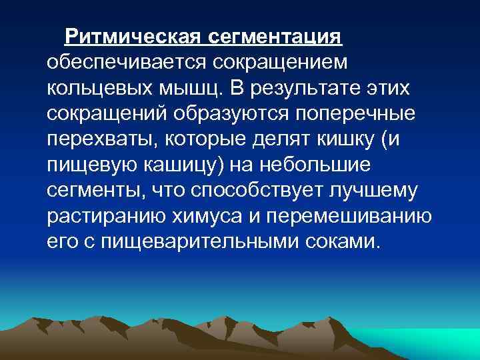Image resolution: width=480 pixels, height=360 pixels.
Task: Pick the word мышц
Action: tap(194, 89)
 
